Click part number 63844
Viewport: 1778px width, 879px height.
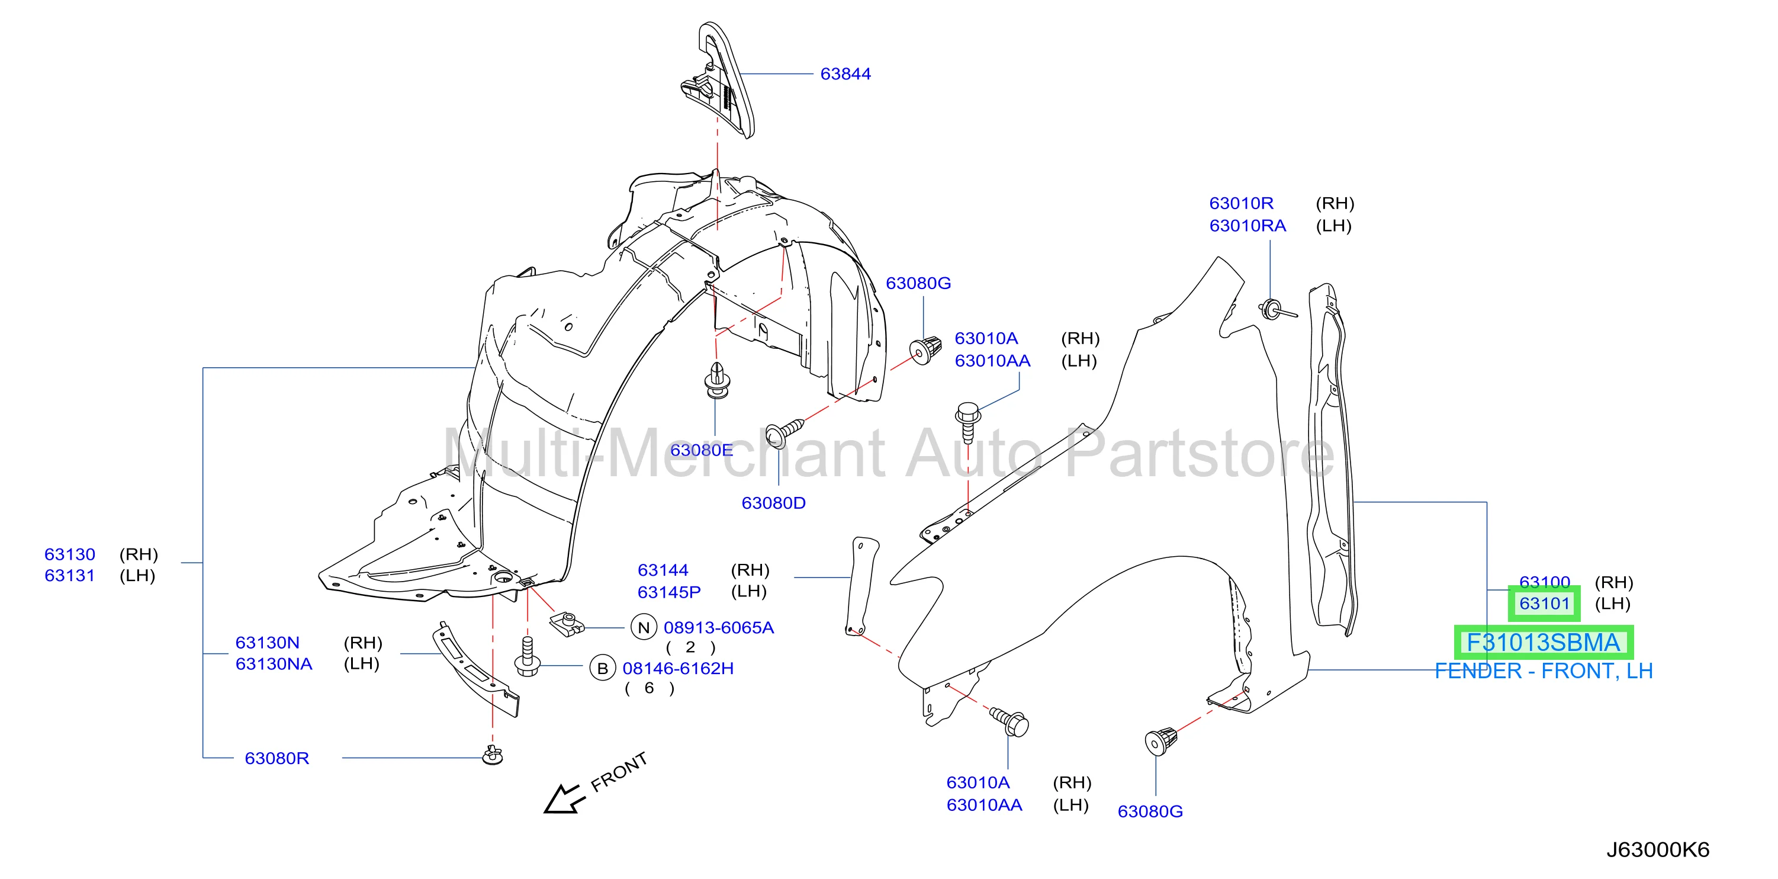pyautogui.click(x=845, y=74)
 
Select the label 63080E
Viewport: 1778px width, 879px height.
pyautogui.click(x=701, y=450)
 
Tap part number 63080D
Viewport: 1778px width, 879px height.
pyautogui.click(x=773, y=503)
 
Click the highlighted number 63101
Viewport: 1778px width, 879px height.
pyautogui.click(x=1545, y=604)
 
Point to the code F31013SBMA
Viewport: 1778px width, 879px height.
pyautogui.click(x=1544, y=643)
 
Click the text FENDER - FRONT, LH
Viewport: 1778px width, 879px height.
pyautogui.click(x=1544, y=671)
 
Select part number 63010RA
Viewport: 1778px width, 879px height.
pyautogui.click(x=1248, y=226)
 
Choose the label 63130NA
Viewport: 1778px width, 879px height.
pyautogui.click(x=274, y=663)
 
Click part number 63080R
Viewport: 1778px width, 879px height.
pyautogui.click(x=276, y=758)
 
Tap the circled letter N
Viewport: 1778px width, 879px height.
pyautogui.click(x=643, y=628)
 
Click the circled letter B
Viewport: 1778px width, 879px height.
pyautogui.click(x=603, y=668)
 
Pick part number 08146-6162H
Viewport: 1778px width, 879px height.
pyautogui.click(x=678, y=668)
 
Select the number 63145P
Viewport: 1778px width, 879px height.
pyautogui.click(x=669, y=592)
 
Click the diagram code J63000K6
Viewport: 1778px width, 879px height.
pyautogui.click(x=1658, y=850)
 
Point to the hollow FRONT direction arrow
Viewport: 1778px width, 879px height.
pyautogui.click(x=564, y=800)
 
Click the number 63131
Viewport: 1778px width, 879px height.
pyautogui.click(x=69, y=575)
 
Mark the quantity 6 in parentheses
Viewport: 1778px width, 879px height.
pyautogui.click(x=649, y=688)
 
